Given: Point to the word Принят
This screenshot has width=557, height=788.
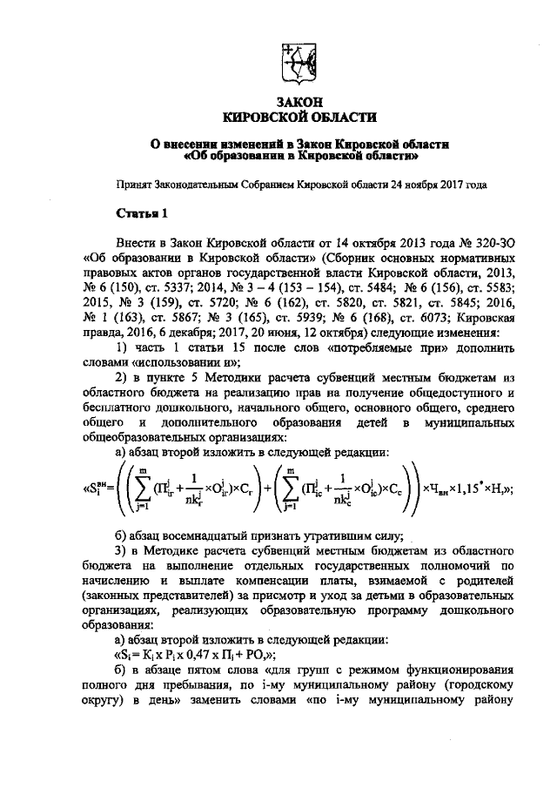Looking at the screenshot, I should click(137, 185).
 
